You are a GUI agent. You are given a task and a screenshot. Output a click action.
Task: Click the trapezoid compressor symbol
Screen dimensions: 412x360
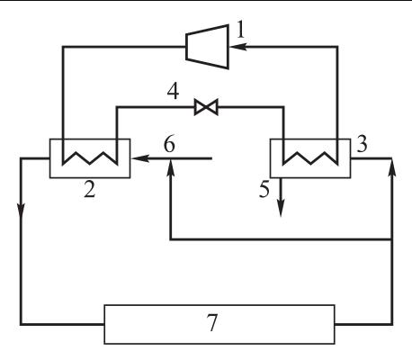(208, 47)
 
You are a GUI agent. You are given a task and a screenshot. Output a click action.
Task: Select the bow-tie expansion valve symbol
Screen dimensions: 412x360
(206, 107)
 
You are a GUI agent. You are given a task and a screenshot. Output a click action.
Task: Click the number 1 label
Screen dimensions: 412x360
(240, 31)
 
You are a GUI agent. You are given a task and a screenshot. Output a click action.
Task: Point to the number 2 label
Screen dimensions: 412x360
(90, 190)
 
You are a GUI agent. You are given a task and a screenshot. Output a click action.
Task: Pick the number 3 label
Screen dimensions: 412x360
(362, 144)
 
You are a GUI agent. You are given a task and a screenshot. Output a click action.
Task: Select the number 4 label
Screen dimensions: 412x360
(173, 91)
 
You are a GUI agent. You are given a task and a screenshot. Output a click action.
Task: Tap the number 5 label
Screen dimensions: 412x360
(264, 190)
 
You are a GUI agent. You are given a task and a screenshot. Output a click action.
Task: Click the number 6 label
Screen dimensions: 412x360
(169, 144)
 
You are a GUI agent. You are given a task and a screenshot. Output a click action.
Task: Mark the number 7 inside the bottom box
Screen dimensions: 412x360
(212, 322)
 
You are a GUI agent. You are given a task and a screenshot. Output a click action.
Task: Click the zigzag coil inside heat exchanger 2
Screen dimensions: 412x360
(90, 158)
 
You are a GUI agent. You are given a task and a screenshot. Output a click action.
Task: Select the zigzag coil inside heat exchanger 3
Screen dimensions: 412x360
(310, 158)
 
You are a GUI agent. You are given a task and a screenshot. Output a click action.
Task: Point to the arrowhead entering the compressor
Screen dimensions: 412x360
(237, 47)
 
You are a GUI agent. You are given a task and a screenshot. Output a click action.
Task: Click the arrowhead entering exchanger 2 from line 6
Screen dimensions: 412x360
(140, 158)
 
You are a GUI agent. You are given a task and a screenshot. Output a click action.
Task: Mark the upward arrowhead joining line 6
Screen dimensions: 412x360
(170, 168)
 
